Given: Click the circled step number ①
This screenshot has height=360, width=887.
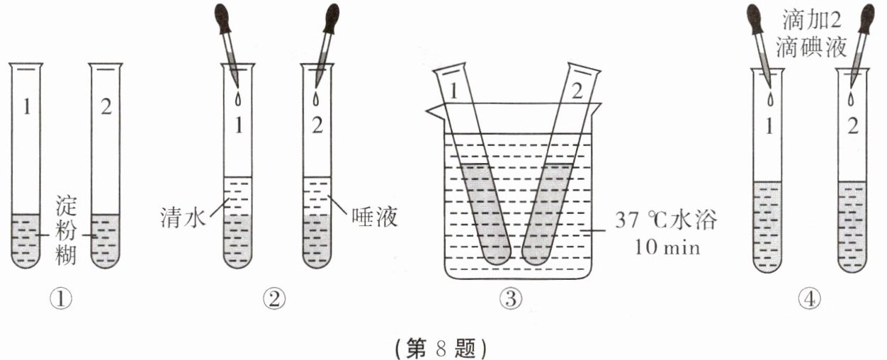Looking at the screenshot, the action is [x=63, y=300].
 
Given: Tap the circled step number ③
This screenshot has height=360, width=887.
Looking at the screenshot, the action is [x=509, y=300].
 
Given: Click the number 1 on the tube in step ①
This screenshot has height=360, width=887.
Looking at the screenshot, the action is [x=27, y=112].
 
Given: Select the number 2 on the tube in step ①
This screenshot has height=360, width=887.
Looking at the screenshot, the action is [x=106, y=112].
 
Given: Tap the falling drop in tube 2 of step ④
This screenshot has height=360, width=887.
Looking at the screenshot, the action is [x=850, y=99].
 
